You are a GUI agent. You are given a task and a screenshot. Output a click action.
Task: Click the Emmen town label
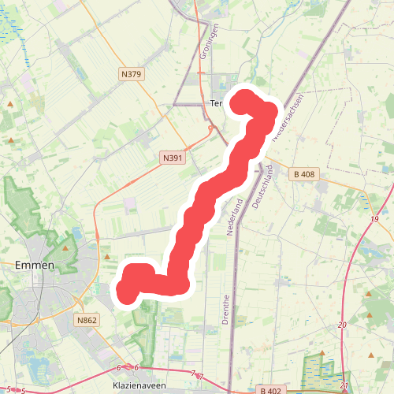[x=34, y=265]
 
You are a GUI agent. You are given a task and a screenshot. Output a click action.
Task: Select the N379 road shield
[x=132, y=74]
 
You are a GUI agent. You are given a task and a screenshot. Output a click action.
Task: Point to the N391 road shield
[x=173, y=158]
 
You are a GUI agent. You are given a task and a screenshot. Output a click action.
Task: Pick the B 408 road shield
[x=303, y=174]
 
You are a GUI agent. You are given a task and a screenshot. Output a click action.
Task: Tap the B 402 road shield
[x=269, y=389]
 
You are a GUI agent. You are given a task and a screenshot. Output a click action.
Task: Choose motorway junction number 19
[x=374, y=218]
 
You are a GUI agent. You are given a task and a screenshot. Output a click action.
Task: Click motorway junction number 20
[x=342, y=325]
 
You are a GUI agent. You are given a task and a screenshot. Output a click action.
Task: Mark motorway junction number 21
[x=345, y=385]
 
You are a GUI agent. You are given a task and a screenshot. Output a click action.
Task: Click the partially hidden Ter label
[x=217, y=103]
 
